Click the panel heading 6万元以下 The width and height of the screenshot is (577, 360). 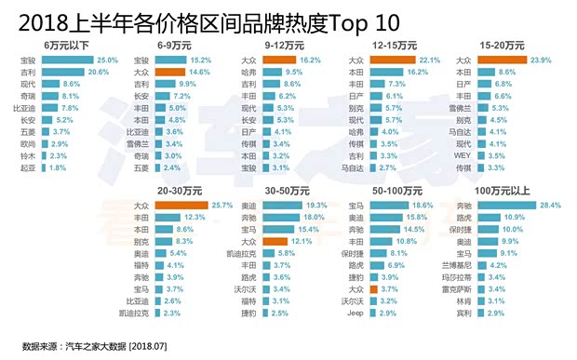coord(67,44)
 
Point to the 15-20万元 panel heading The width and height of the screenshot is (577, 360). coord(501,44)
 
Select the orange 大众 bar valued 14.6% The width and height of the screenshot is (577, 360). coord(171,71)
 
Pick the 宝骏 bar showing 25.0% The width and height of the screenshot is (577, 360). coord(66,59)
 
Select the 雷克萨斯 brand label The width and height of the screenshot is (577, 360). coord(459,288)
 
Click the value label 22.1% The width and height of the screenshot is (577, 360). coord(429,59)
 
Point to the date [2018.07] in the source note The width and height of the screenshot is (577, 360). coord(154,346)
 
